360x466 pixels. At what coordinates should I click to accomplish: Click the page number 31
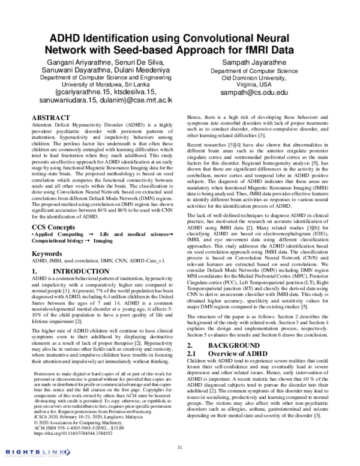(179, 446)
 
